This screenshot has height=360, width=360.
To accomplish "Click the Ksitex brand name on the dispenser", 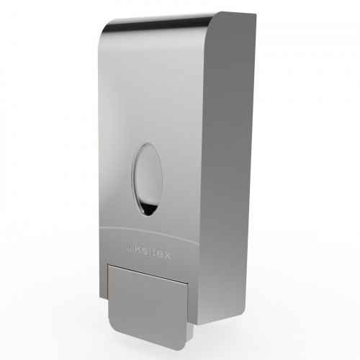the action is point(153,252).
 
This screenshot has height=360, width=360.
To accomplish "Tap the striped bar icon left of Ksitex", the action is point(130,248).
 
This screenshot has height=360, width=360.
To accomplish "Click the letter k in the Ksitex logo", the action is point(138,249).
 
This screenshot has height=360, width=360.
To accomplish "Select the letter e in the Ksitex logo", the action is point(160,254).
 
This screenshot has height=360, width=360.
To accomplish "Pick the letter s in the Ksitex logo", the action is point(144,251).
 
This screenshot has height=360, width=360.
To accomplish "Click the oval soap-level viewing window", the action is point(147,179).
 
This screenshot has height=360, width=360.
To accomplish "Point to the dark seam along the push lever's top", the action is point(148,274).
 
